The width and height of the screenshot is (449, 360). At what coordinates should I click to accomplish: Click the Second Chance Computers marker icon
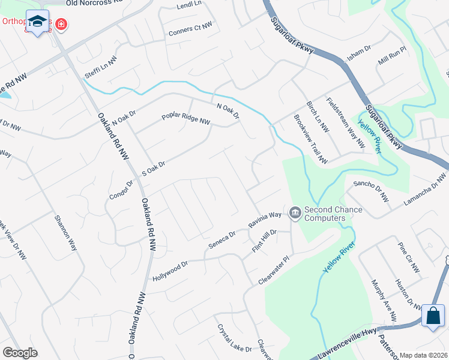(295, 212)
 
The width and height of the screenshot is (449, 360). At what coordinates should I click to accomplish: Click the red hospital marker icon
(61, 25)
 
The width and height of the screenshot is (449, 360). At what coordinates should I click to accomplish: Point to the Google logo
(19, 352)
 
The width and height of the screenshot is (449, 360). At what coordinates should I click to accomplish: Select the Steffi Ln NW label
(100, 64)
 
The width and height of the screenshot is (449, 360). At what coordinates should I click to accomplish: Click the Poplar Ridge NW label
(185, 119)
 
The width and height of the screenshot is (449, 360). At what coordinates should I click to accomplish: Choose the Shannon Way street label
(65, 232)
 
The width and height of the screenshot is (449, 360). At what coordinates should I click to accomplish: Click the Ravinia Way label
(265, 220)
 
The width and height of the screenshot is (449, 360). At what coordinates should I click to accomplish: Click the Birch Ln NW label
(318, 116)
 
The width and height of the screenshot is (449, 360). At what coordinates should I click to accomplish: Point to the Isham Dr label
(360, 54)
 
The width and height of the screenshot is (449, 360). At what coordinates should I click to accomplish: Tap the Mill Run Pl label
(393, 57)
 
